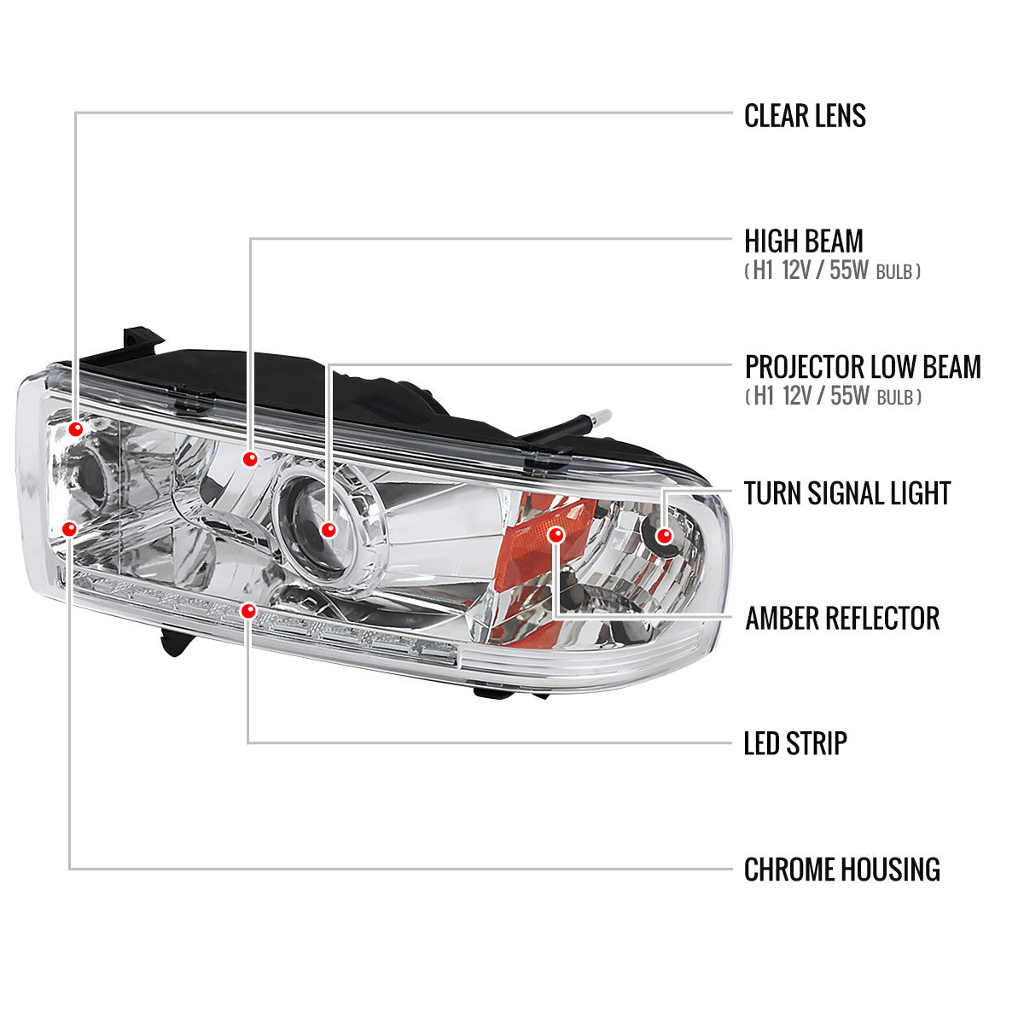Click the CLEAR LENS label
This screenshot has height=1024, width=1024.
pos(805,115)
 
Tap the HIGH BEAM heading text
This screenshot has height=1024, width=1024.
pos(803,241)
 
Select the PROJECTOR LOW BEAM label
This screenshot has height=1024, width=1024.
pos(862,367)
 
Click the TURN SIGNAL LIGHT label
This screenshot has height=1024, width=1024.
pos(847,493)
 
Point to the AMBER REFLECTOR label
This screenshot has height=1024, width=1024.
pos(841,618)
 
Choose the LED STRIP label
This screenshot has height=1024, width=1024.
pos(794,743)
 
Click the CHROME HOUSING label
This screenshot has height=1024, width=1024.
pos(841,870)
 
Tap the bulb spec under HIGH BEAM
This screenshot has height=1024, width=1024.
pos(833,272)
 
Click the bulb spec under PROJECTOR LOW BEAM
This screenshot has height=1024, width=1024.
pos(833,397)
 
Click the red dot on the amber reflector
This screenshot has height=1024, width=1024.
pos(556,535)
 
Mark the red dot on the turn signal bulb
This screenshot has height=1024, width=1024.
pos(665,535)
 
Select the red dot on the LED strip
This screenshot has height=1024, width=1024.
pos(248,610)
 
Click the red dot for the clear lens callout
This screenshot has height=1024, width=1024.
pos(76,429)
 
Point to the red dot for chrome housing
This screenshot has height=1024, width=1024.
pos(70,529)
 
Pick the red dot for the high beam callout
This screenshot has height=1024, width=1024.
pos(249,460)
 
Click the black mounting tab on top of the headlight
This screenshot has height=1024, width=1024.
pos(141,342)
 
